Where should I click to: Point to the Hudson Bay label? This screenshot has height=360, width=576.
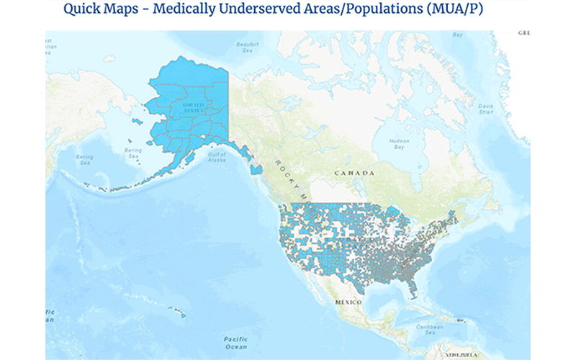[x=395, y=143]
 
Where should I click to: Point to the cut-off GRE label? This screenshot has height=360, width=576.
[x=523, y=33]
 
